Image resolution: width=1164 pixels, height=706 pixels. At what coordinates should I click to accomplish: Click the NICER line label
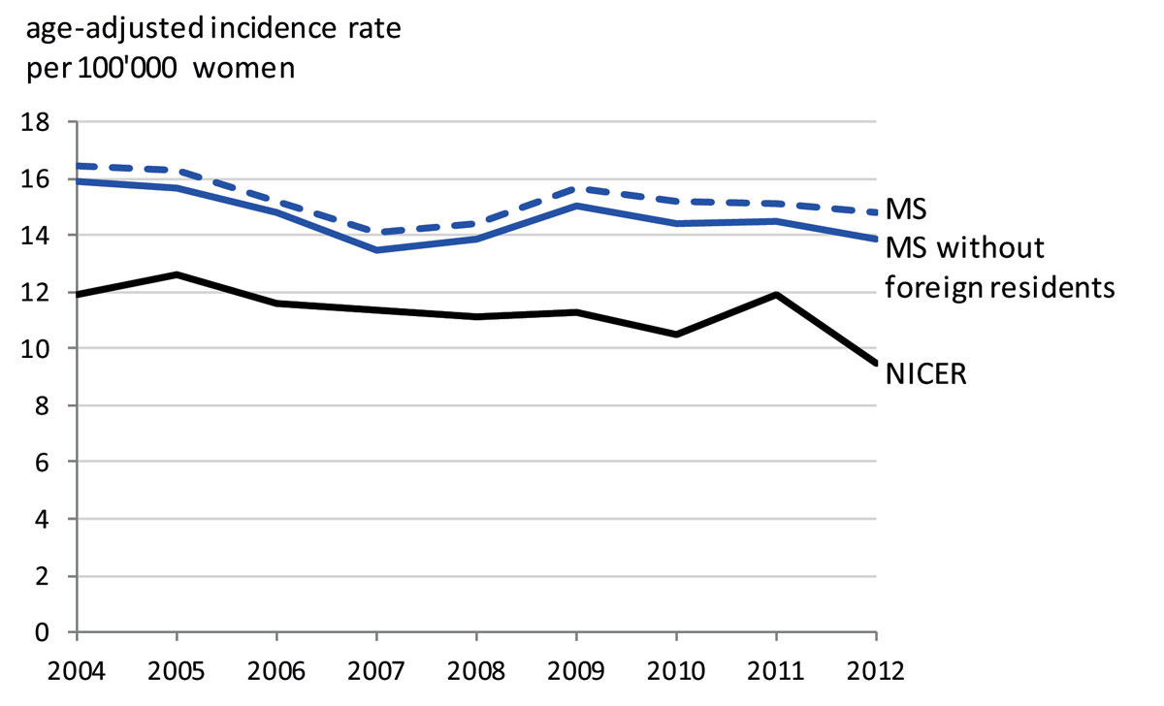[x=926, y=374]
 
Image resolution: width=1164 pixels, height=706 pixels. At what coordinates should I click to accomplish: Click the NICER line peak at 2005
[x=177, y=274]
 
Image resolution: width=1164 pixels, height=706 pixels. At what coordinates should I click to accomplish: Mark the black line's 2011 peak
[x=776, y=294]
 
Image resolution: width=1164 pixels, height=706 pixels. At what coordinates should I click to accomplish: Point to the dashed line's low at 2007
[x=376, y=232]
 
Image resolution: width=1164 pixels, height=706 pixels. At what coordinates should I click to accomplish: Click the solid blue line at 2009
[x=576, y=206]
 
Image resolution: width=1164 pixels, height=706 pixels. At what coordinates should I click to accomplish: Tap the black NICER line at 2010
[x=676, y=335]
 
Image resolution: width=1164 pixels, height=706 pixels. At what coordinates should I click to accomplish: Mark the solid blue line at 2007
[x=376, y=250]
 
